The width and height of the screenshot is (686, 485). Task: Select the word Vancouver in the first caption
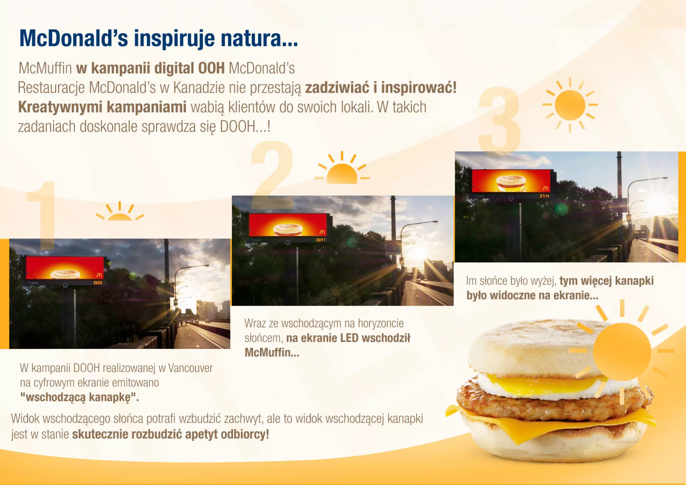190,368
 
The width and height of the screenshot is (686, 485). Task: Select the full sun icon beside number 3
570,105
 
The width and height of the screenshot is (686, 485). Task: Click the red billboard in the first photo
65,268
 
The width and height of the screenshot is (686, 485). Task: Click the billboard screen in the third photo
511,181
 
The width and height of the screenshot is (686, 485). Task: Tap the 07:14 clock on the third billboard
544,196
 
